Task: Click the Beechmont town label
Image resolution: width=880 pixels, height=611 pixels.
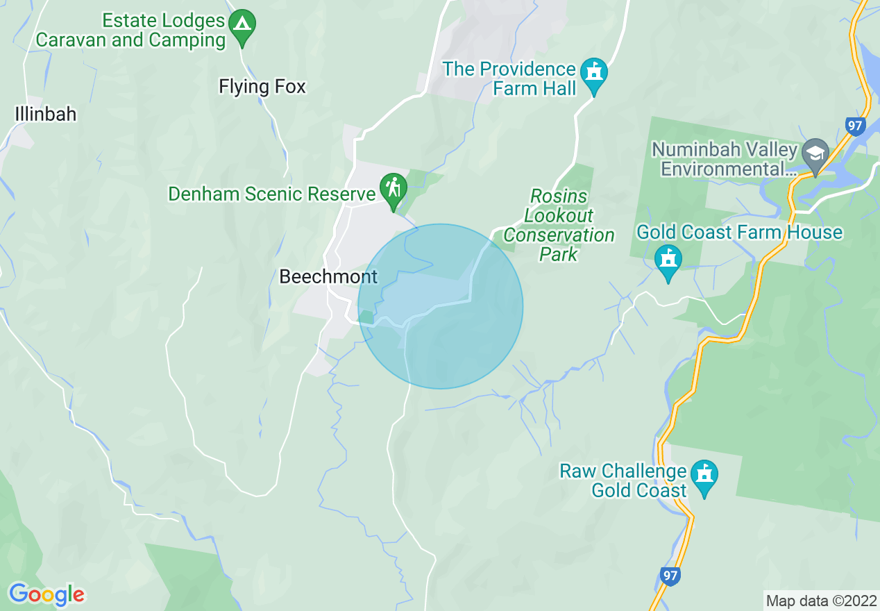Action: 328,277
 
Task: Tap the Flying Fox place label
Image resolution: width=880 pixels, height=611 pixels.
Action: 262,87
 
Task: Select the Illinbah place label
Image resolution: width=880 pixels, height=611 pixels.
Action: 46,114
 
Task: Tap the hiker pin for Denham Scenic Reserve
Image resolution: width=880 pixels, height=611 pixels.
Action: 394,190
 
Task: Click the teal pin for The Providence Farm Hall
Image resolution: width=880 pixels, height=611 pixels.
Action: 593,74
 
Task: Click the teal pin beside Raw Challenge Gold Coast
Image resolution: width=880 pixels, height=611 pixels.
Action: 704,477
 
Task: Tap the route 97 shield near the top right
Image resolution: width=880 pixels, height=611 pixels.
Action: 856,126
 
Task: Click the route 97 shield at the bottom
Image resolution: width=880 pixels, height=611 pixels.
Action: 670,576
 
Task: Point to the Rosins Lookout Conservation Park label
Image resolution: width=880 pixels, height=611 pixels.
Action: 559,226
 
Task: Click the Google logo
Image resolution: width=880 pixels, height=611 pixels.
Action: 46,594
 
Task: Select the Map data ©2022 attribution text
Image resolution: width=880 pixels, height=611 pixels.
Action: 820,600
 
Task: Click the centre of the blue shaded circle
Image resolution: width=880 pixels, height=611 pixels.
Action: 440,306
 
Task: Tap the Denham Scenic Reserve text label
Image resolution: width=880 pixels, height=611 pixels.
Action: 271,194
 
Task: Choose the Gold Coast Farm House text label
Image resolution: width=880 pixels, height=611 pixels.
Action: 739,232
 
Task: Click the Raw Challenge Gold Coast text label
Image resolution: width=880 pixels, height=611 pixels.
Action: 623,480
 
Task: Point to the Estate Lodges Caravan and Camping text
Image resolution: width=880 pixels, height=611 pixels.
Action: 130,31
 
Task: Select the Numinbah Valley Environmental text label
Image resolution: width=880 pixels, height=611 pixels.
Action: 725,159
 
